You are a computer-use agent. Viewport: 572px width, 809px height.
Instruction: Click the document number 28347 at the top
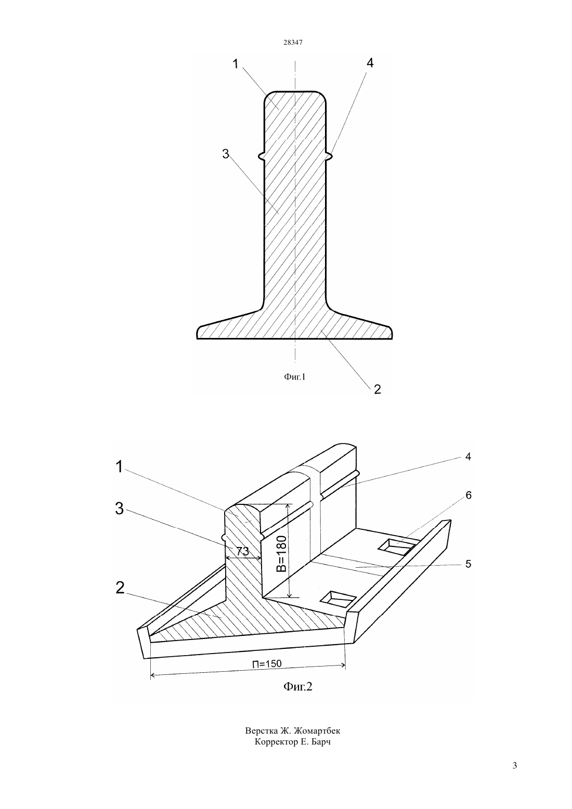[293, 43]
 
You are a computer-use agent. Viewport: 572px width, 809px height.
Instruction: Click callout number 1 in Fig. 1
[236, 64]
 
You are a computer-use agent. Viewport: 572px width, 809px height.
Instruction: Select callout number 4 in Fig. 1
[370, 63]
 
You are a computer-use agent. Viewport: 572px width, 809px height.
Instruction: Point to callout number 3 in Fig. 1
[226, 154]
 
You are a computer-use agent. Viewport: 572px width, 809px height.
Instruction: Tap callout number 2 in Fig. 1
[378, 389]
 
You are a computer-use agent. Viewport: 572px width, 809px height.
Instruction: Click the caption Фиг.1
[295, 377]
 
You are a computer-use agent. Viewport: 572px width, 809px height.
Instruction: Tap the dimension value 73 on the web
[243, 552]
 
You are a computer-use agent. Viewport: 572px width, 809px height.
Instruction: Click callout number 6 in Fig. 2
[469, 495]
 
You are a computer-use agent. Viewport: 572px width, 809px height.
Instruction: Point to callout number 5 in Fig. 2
[469, 564]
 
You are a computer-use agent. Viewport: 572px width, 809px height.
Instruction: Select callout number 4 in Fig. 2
[469, 457]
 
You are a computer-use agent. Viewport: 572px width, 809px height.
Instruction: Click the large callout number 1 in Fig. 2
[120, 466]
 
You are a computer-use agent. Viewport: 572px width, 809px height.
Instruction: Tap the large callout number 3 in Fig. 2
[120, 508]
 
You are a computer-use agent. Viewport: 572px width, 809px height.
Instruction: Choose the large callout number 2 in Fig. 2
[120, 588]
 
